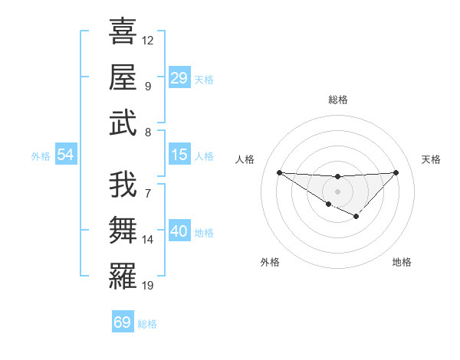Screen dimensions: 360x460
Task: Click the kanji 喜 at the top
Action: point(123,32)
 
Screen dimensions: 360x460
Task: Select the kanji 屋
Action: point(123,77)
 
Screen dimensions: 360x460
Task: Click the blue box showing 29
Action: point(179,78)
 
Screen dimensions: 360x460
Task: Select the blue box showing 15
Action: point(179,155)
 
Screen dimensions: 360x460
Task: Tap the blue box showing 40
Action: point(179,231)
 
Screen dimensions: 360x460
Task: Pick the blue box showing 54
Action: point(66,155)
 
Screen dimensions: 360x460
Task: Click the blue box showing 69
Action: point(123,322)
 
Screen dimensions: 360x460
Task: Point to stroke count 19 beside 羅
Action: point(149,286)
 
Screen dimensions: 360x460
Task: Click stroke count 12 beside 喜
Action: point(149,40)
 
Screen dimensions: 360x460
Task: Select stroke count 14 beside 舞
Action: point(149,240)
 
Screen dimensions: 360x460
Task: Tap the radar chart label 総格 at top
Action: point(337,100)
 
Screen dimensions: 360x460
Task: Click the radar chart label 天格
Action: point(432,159)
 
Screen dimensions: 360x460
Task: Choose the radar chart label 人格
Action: point(245,159)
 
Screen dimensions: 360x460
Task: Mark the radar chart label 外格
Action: point(270,262)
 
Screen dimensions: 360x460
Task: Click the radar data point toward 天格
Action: point(396,172)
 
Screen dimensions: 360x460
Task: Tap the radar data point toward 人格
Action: point(279,172)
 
